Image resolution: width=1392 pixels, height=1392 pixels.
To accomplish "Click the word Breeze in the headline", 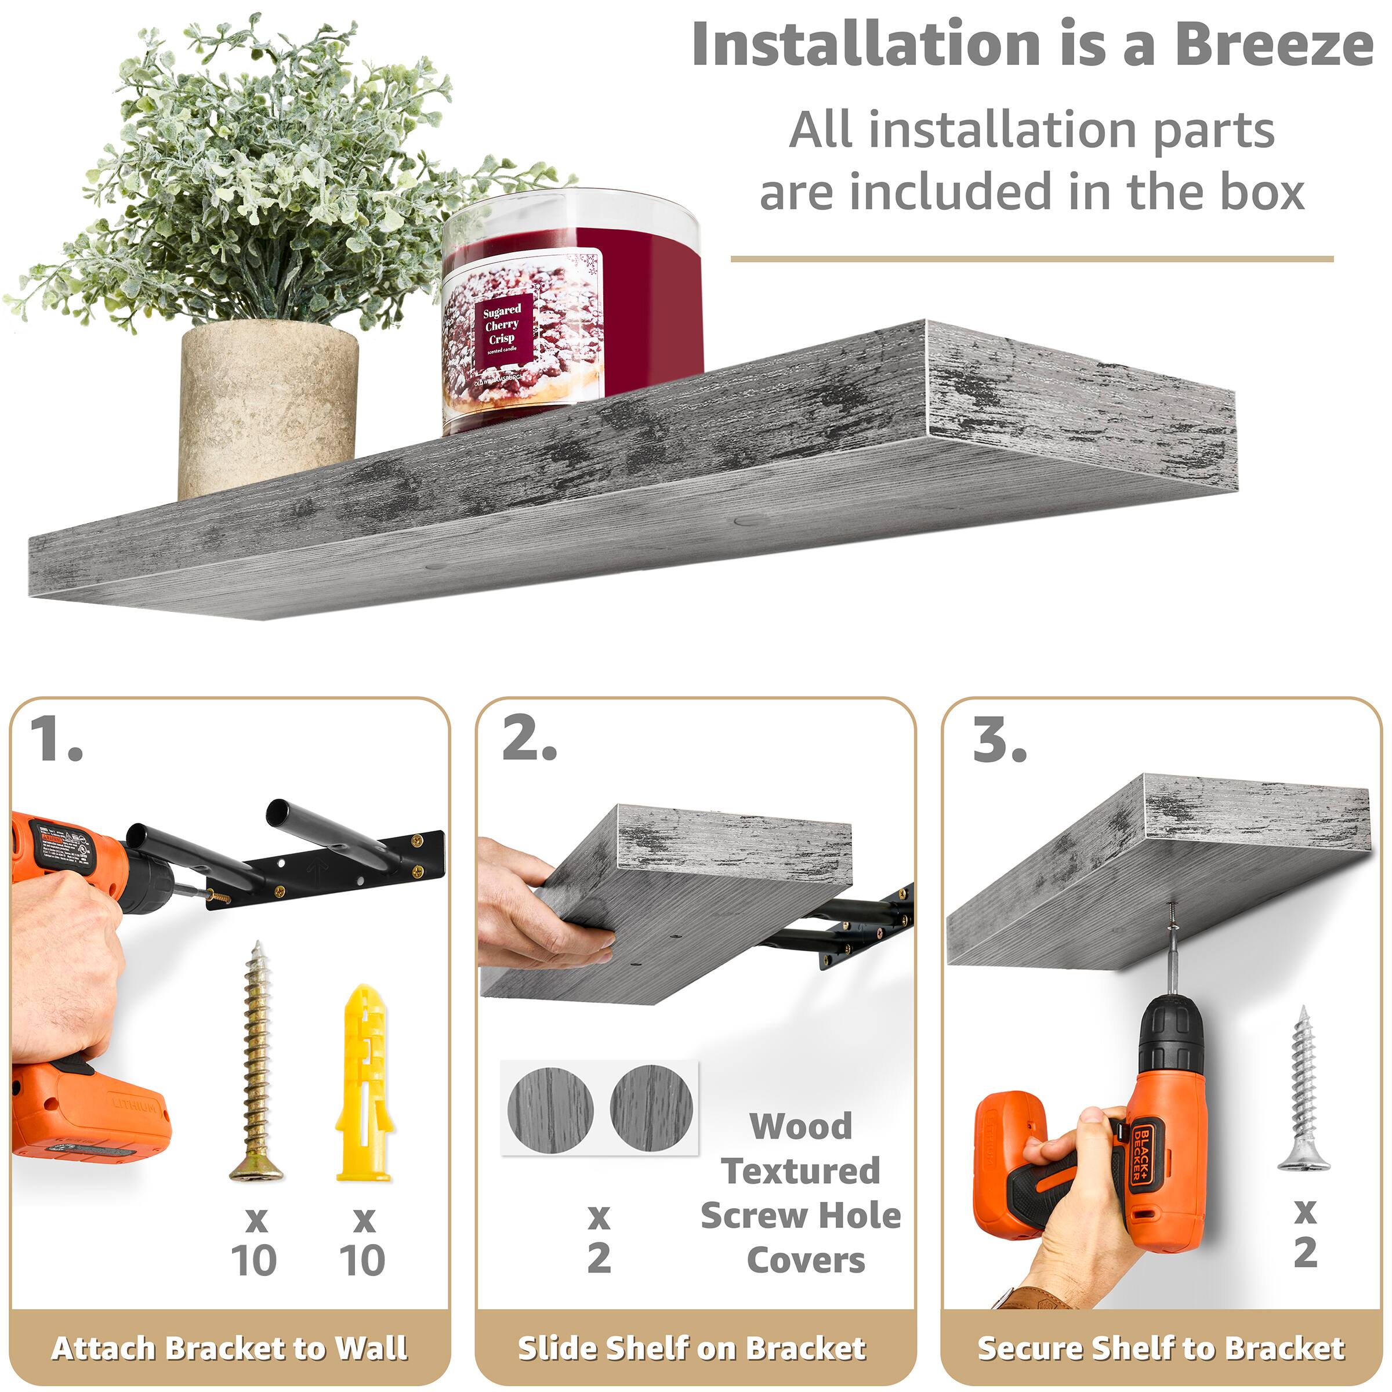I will pyautogui.click(x=1273, y=45).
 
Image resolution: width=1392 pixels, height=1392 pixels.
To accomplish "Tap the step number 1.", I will pyautogui.click(x=56, y=740).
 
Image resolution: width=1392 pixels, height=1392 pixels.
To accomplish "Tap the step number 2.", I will pyautogui.click(x=530, y=740).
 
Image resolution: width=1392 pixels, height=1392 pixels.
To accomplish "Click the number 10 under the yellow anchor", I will pyautogui.click(x=362, y=1260).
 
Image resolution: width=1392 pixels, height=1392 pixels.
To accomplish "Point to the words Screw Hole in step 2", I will pyautogui.click(x=800, y=1216).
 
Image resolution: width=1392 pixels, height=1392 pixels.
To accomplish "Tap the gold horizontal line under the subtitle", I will pyautogui.click(x=1032, y=259).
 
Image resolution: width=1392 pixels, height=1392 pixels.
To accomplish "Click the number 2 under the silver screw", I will pyautogui.click(x=1305, y=1252).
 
